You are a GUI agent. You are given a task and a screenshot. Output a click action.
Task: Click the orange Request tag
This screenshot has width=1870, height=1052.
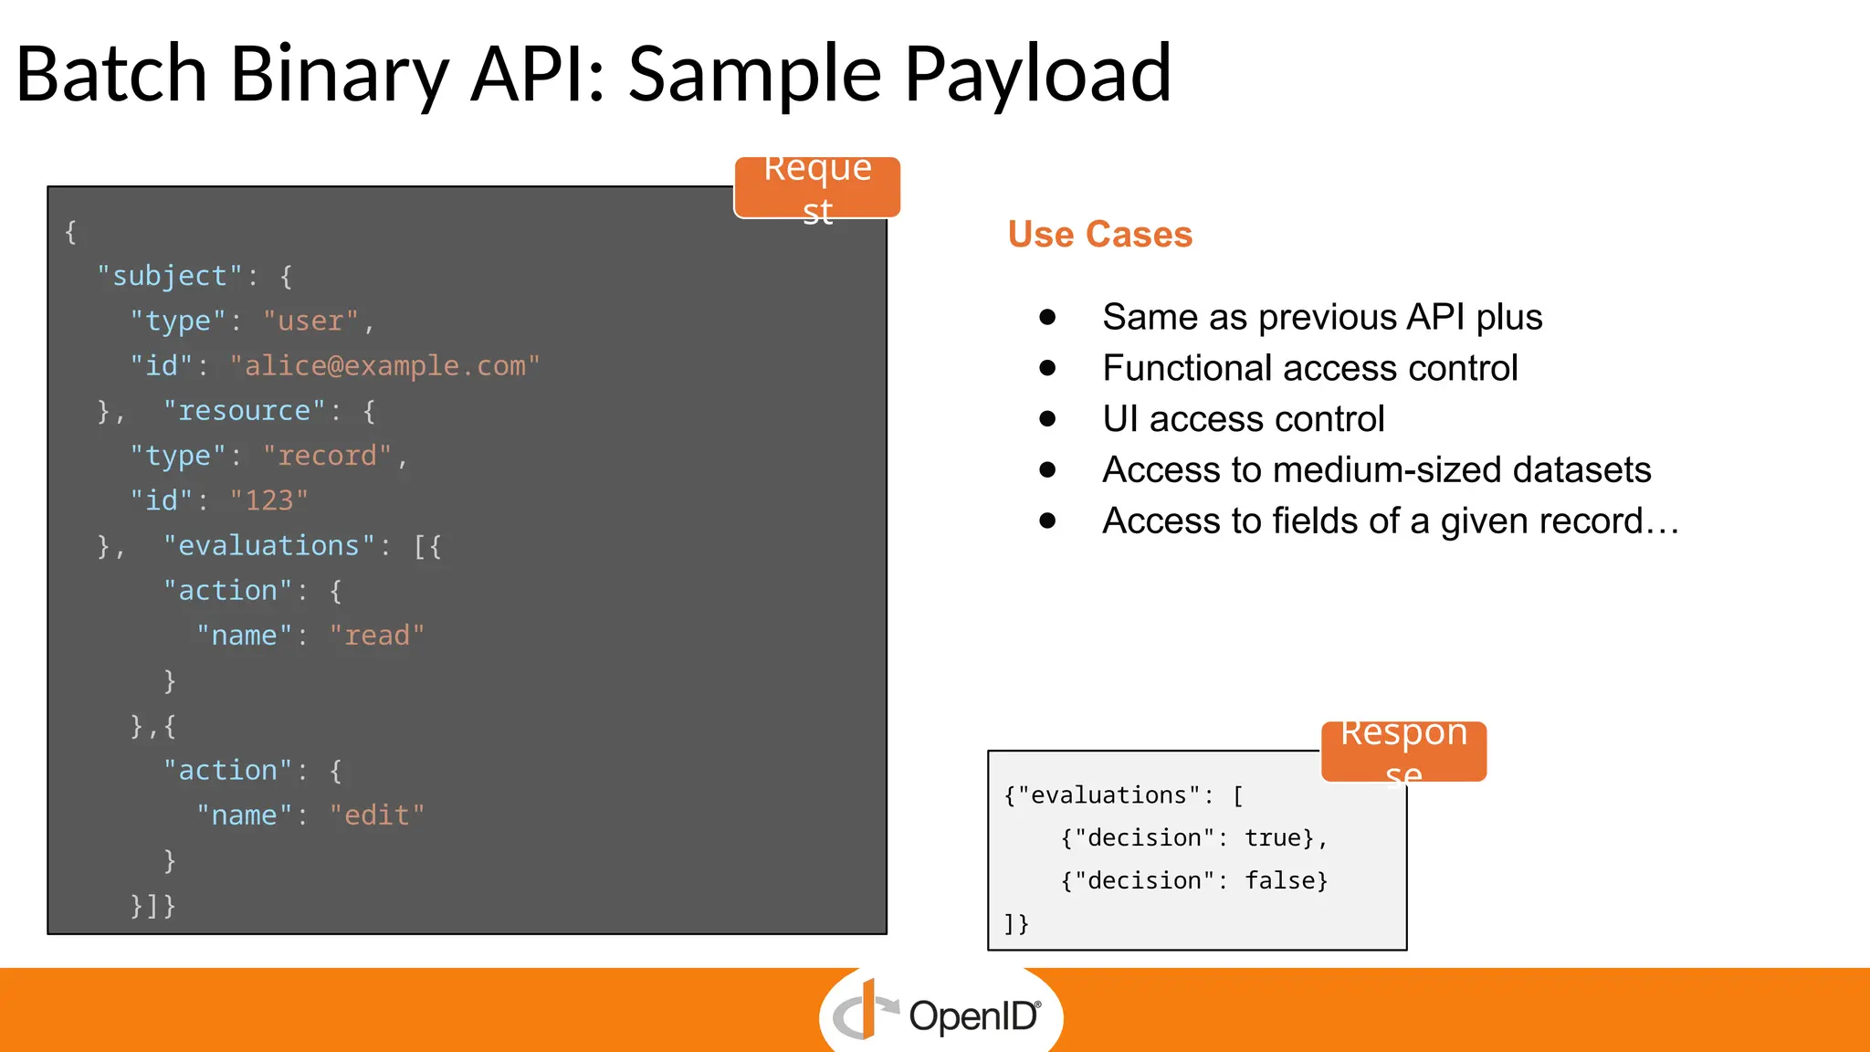(x=817, y=187)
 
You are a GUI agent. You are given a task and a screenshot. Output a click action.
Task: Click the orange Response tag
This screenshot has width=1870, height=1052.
(x=1403, y=752)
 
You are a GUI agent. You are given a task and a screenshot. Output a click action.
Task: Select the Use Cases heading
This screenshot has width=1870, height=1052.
(x=1099, y=235)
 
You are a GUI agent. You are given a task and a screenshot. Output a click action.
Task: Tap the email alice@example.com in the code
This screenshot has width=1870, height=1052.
(x=384, y=366)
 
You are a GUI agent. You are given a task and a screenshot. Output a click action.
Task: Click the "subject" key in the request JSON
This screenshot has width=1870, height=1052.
(x=170, y=276)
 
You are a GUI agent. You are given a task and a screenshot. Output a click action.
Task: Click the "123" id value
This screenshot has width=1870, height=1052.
(x=268, y=500)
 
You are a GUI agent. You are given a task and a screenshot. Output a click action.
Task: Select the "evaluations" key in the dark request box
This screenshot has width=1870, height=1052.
(x=269, y=546)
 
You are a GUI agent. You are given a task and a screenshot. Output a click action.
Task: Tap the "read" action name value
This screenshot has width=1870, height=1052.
(x=376, y=636)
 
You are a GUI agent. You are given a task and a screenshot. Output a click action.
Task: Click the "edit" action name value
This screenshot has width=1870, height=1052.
(x=376, y=815)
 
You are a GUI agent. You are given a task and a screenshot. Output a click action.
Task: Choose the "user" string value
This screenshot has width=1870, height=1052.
(x=310, y=321)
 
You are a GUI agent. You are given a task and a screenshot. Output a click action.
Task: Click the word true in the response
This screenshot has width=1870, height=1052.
(x=1273, y=838)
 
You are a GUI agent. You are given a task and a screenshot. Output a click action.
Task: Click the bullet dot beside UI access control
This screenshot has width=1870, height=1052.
(x=1047, y=419)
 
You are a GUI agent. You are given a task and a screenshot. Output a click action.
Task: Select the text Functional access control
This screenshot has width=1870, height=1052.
(x=1309, y=368)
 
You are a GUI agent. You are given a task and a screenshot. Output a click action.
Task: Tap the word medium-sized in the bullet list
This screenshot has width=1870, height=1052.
(x=1387, y=470)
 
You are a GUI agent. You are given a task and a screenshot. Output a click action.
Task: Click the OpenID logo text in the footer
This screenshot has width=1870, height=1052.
(x=972, y=1016)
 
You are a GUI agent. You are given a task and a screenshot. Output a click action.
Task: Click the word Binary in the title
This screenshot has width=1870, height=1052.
(x=339, y=75)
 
